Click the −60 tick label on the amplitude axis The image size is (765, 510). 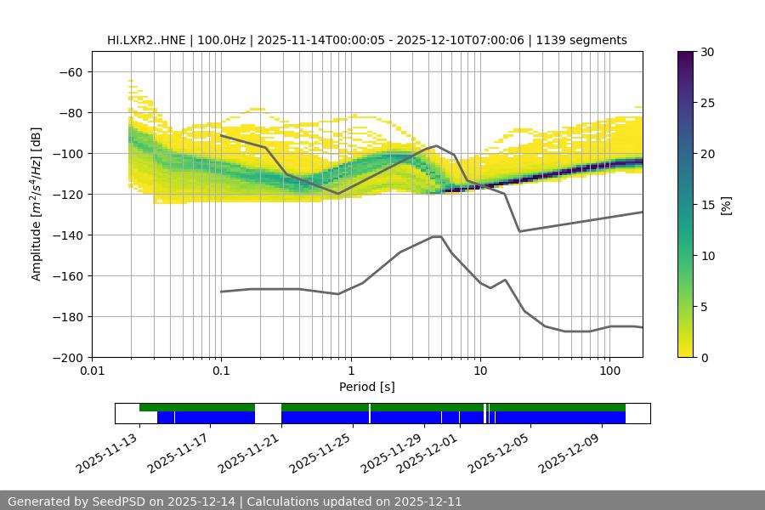coord(71,71)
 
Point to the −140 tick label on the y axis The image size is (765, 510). coord(68,235)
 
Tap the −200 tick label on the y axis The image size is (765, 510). coord(68,357)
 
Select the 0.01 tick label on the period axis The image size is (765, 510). coord(92,371)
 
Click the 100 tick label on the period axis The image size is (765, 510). coord(609,371)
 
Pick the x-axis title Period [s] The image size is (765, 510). coord(367,387)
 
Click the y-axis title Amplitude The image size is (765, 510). coord(37,204)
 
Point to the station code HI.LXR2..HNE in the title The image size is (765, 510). coord(145,40)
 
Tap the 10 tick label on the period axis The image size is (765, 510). coord(479,371)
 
